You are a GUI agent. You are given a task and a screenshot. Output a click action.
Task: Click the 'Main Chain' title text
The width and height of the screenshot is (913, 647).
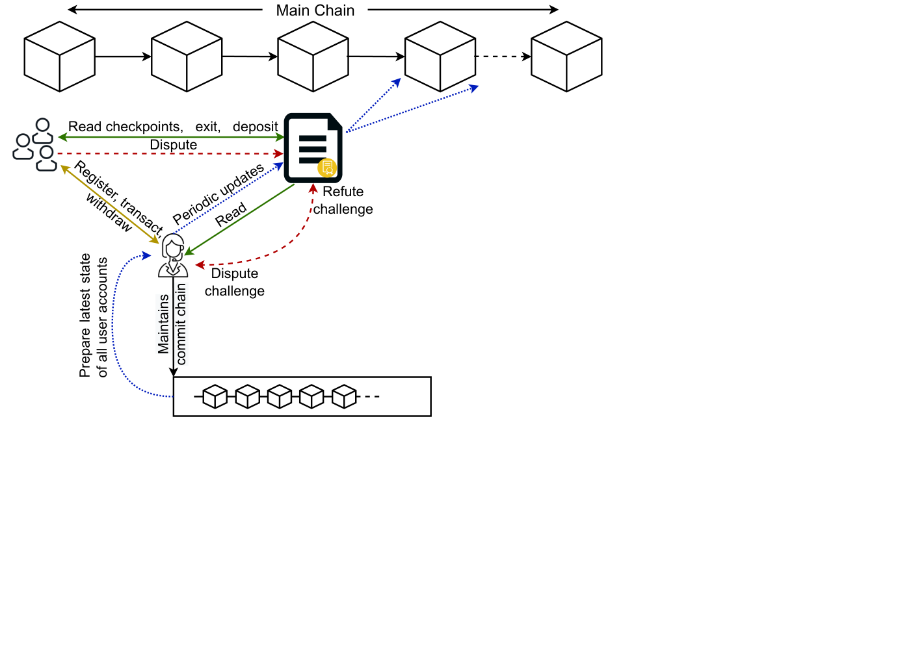[315, 10]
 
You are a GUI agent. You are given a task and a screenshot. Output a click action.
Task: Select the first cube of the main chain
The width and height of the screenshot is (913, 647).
[60, 57]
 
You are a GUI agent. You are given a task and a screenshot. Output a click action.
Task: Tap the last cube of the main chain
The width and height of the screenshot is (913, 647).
[566, 57]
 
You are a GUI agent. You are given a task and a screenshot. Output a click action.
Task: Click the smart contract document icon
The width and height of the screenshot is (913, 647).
[313, 148]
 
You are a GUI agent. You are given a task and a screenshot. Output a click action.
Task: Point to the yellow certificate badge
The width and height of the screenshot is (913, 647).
[327, 168]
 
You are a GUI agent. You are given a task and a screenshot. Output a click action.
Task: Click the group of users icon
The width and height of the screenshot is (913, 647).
[34, 145]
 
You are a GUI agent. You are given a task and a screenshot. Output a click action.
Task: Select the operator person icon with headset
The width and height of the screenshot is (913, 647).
[173, 256]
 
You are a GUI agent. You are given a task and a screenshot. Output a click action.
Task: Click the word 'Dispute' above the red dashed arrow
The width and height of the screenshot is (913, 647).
[173, 145]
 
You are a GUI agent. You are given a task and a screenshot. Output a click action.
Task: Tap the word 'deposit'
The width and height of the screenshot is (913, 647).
[255, 127]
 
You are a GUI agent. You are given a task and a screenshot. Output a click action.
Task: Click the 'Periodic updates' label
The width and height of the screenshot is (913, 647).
[218, 194]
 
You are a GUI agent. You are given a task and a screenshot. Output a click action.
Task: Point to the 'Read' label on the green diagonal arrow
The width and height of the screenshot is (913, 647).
[231, 214]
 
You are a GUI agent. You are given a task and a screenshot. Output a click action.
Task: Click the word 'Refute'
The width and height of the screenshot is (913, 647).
[343, 192]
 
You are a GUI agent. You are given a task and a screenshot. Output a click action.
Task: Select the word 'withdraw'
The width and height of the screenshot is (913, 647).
[109, 212]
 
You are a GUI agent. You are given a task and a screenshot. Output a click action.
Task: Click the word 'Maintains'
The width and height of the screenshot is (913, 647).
[163, 324]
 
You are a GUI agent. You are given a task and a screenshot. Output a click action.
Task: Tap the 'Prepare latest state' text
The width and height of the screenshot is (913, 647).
[85, 316]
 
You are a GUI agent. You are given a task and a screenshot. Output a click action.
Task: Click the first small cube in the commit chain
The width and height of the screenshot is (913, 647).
[215, 396]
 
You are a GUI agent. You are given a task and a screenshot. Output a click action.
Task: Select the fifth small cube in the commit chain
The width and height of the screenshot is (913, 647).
[344, 396]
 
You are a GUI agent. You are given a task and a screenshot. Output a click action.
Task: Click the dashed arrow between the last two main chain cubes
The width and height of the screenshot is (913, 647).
[503, 57]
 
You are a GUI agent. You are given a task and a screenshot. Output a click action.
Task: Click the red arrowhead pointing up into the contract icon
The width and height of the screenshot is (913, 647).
[313, 188]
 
